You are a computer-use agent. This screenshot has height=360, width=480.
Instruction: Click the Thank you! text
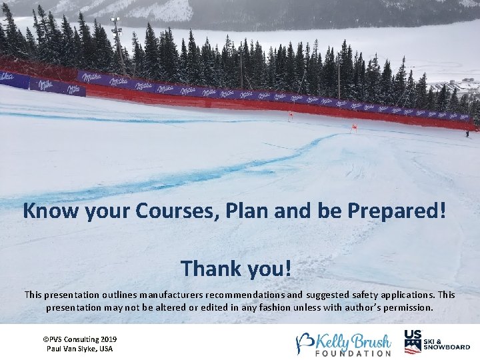tap(236, 269)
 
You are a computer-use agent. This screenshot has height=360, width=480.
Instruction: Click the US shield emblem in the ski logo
tap(412, 341)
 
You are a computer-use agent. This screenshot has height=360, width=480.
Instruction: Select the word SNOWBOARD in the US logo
tap(447, 347)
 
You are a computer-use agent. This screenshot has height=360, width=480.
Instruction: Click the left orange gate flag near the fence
tap(290, 115)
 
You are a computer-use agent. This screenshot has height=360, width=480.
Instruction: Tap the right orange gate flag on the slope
tap(354, 127)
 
